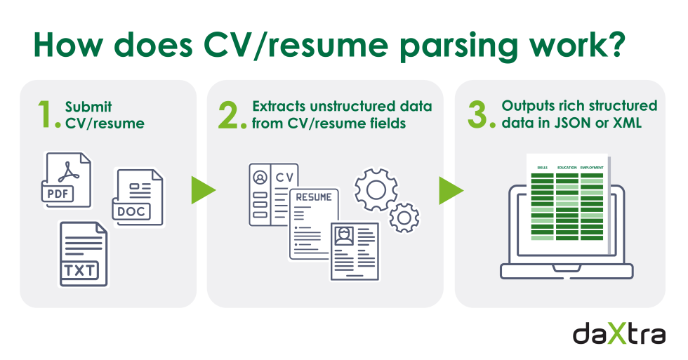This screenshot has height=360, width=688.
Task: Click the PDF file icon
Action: [x=66, y=179]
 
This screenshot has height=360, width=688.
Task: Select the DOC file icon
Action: [x=138, y=196]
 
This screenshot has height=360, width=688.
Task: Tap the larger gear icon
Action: [x=376, y=188]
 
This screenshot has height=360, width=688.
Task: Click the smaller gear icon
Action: [x=404, y=218]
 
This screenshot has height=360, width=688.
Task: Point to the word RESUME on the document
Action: [x=314, y=197]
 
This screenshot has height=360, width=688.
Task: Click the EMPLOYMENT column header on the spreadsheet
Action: [x=591, y=168]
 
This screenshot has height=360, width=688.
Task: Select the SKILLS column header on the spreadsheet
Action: [x=542, y=168]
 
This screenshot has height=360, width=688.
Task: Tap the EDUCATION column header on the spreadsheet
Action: [x=567, y=168]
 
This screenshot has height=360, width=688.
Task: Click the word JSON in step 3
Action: [x=567, y=123]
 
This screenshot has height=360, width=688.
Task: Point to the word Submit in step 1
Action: [x=88, y=107]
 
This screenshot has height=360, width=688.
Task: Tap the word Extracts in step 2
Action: [x=279, y=107]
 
